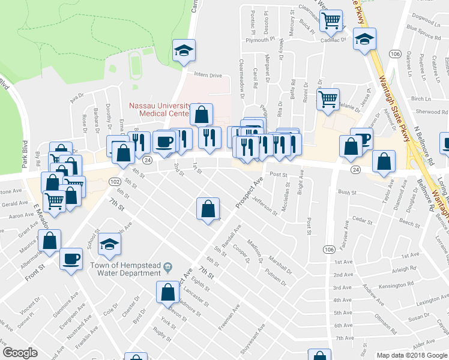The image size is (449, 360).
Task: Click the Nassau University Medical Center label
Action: click(x=160, y=109)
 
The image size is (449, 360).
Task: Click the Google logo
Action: click(x=20, y=353)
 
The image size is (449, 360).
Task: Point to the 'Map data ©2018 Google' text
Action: click(x=412, y=355)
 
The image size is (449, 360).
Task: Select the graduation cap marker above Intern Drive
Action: click(x=184, y=50)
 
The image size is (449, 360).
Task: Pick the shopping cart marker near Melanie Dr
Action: click(x=328, y=99)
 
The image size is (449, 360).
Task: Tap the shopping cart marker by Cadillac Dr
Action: click(x=330, y=21)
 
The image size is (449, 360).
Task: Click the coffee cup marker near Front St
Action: click(x=71, y=259)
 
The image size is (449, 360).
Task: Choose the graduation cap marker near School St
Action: click(x=109, y=244)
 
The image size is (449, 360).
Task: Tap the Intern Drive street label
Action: click(x=207, y=76)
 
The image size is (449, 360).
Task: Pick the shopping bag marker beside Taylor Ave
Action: click(x=384, y=161)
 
